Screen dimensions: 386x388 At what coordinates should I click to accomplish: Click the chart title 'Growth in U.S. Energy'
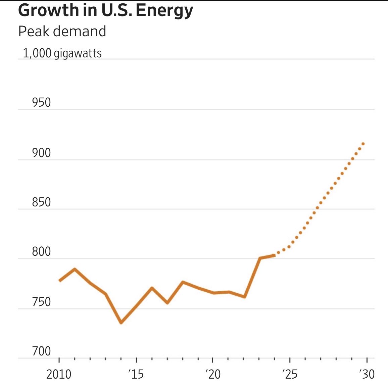(x=105, y=10)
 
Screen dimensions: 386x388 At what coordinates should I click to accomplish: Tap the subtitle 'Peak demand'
(x=62, y=31)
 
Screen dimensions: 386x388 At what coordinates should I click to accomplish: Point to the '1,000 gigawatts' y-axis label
(x=62, y=53)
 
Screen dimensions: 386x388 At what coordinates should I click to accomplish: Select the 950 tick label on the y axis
(x=41, y=103)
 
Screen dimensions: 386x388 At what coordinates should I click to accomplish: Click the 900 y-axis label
(x=41, y=153)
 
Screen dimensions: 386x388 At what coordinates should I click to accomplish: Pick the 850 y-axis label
(x=41, y=202)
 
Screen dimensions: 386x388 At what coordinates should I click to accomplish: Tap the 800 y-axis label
(x=41, y=252)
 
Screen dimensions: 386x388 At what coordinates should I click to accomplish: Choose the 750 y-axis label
(x=41, y=302)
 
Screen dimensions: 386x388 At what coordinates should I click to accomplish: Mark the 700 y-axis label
(x=41, y=351)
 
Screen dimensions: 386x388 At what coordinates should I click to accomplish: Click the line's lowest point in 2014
(x=121, y=323)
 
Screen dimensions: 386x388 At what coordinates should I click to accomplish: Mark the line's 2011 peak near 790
(x=75, y=269)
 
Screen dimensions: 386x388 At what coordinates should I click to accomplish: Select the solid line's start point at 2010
(x=60, y=281)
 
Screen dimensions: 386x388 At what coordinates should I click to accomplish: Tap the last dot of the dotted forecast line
(x=363, y=144)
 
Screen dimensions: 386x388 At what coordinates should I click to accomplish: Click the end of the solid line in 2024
(x=274, y=256)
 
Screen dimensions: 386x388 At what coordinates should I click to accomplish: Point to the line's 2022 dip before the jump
(x=245, y=297)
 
